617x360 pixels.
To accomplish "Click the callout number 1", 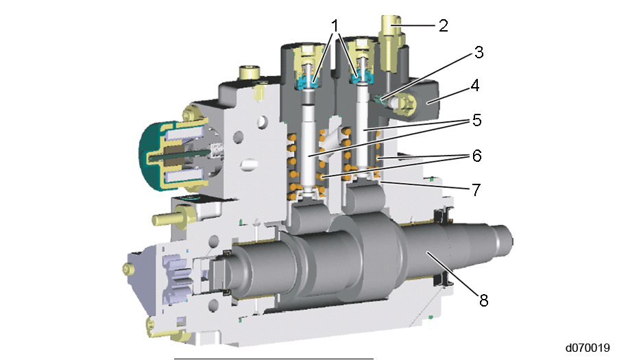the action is (335, 26).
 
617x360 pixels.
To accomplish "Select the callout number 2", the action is (444, 26).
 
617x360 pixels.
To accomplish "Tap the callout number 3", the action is (479, 52).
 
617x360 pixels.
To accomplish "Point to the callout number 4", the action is (475, 86).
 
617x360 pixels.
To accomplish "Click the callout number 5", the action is (477, 120).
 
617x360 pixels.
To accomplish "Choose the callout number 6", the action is (477, 156).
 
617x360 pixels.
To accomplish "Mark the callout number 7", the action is (476, 190).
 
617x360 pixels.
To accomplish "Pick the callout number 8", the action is (483, 300).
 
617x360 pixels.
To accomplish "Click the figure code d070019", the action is (588, 348).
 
